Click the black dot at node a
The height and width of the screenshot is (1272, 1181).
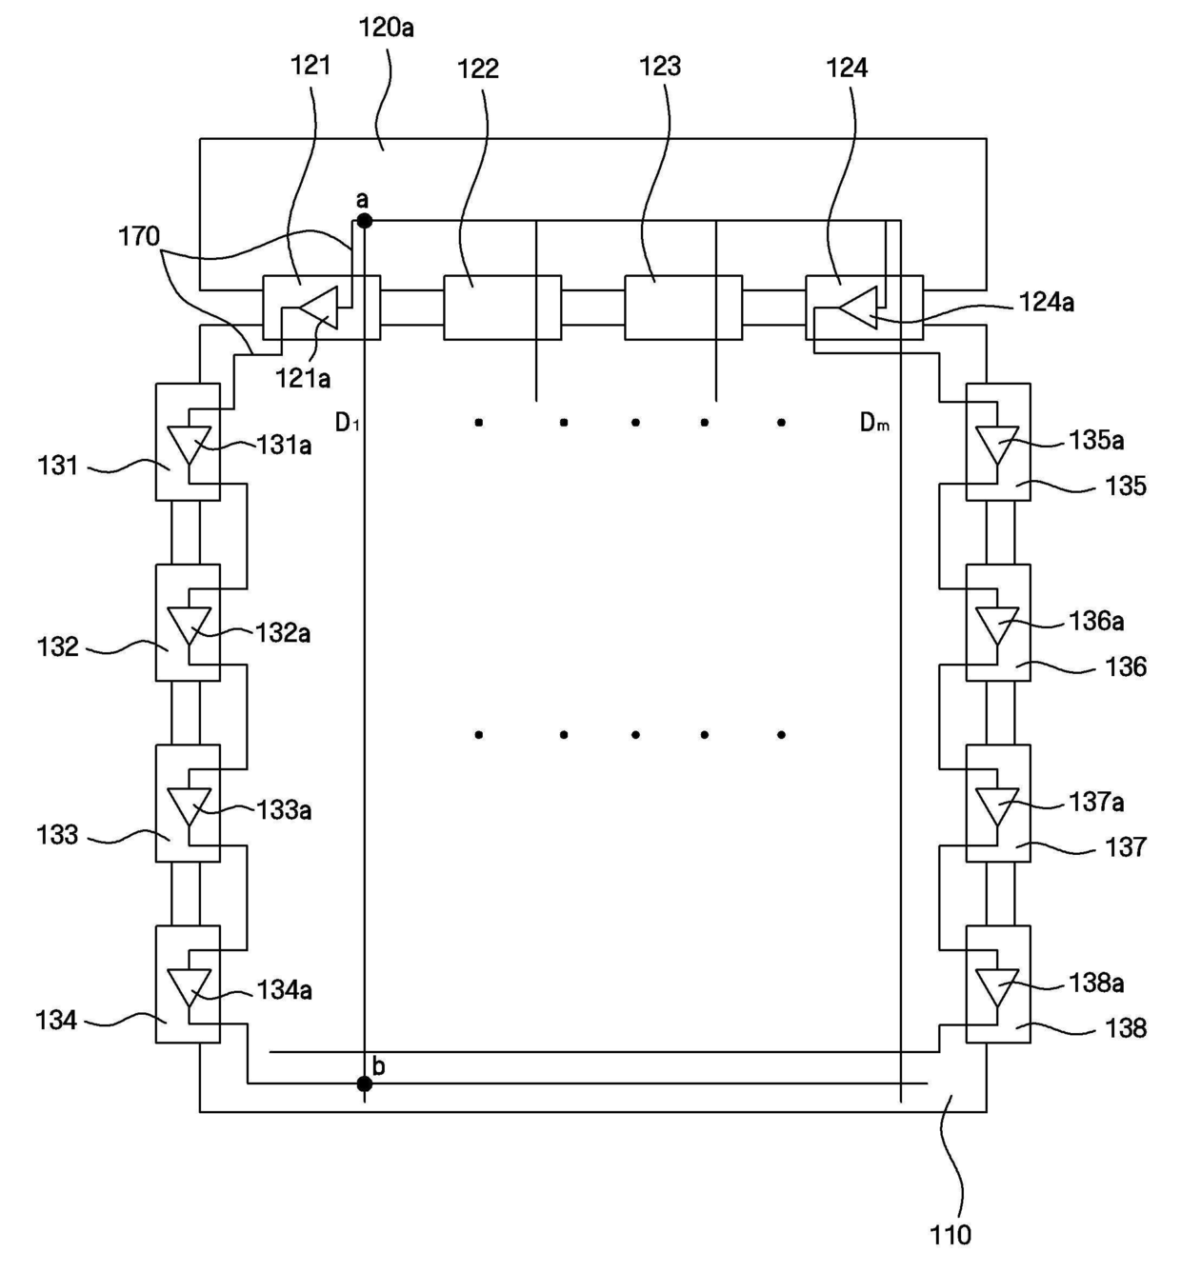[364, 222]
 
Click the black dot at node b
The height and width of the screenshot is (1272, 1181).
[364, 1083]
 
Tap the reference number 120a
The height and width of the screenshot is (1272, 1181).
[386, 29]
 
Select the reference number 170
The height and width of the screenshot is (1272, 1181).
[139, 237]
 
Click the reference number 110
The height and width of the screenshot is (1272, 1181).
[951, 1235]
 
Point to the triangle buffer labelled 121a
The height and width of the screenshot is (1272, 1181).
[320, 308]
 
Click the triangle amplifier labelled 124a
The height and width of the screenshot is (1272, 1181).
[858, 308]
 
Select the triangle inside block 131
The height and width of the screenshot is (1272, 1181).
[189, 446]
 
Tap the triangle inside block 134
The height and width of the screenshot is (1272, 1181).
[189, 988]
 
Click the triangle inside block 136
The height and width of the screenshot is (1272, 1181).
[997, 626]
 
